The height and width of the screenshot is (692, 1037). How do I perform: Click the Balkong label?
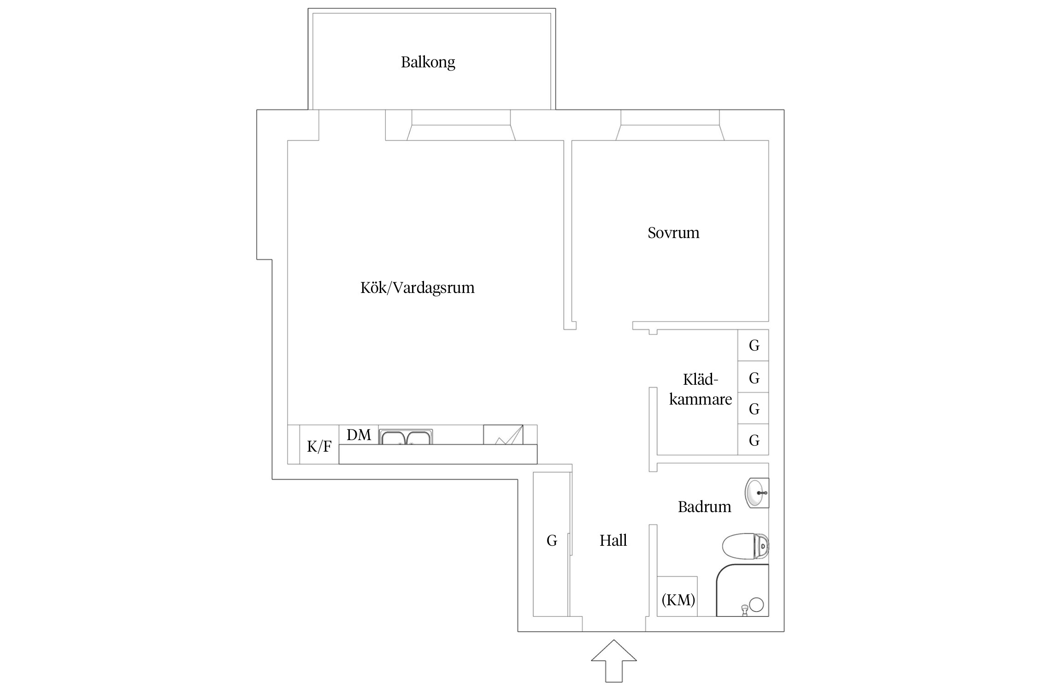click(x=428, y=62)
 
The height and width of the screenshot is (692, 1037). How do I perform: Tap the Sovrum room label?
click(x=673, y=233)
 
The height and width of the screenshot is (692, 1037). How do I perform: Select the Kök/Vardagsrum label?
click(x=417, y=288)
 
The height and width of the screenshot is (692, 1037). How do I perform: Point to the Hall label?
click(x=613, y=540)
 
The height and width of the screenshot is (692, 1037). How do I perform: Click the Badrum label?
click(x=704, y=507)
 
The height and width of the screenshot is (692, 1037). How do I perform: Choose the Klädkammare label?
click(x=700, y=389)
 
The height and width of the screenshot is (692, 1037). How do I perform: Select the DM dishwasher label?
click(x=359, y=435)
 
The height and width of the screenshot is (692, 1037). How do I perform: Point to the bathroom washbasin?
click(x=756, y=493)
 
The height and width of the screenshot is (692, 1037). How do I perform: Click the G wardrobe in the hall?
click(x=551, y=541)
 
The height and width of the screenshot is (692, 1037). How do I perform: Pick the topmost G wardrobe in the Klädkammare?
click(x=753, y=345)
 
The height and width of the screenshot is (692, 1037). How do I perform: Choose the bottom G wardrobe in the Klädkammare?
click(x=753, y=440)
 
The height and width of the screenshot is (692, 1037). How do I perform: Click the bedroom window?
click(x=670, y=125)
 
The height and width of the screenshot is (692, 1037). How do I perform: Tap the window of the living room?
click(x=461, y=125)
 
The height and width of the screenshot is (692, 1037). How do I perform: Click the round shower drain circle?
click(x=756, y=604)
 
